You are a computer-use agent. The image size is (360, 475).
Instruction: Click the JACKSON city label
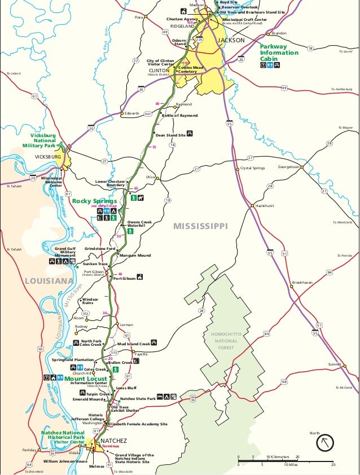click(231, 40)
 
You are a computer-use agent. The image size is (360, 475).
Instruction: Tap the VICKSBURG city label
click(47, 157)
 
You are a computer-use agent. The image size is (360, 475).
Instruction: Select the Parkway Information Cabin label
click(279, 52)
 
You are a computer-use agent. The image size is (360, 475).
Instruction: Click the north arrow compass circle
click(325, 442)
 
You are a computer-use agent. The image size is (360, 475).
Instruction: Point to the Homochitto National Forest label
click(226, 340)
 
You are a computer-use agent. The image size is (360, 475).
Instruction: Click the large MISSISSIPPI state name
click(200, 226)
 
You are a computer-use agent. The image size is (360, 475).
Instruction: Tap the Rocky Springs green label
click(94, 201)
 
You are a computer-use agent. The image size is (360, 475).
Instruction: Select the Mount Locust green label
click(85, 379)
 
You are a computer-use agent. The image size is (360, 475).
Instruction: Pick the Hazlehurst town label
click(264, 206)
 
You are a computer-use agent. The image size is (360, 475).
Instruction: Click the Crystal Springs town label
click(252, 168)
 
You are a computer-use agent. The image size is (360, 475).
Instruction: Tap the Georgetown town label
click(288, 167)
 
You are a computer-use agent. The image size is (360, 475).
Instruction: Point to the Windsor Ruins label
click(90, 301)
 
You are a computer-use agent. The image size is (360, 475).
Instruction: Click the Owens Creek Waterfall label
click(139, 224)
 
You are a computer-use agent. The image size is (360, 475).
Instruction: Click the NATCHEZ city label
click(114, 441)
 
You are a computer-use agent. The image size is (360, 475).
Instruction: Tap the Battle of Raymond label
click(179, 116)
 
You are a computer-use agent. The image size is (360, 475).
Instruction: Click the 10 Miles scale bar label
click(291, 465)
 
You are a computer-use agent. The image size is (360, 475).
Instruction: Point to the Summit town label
click(335, 365)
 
